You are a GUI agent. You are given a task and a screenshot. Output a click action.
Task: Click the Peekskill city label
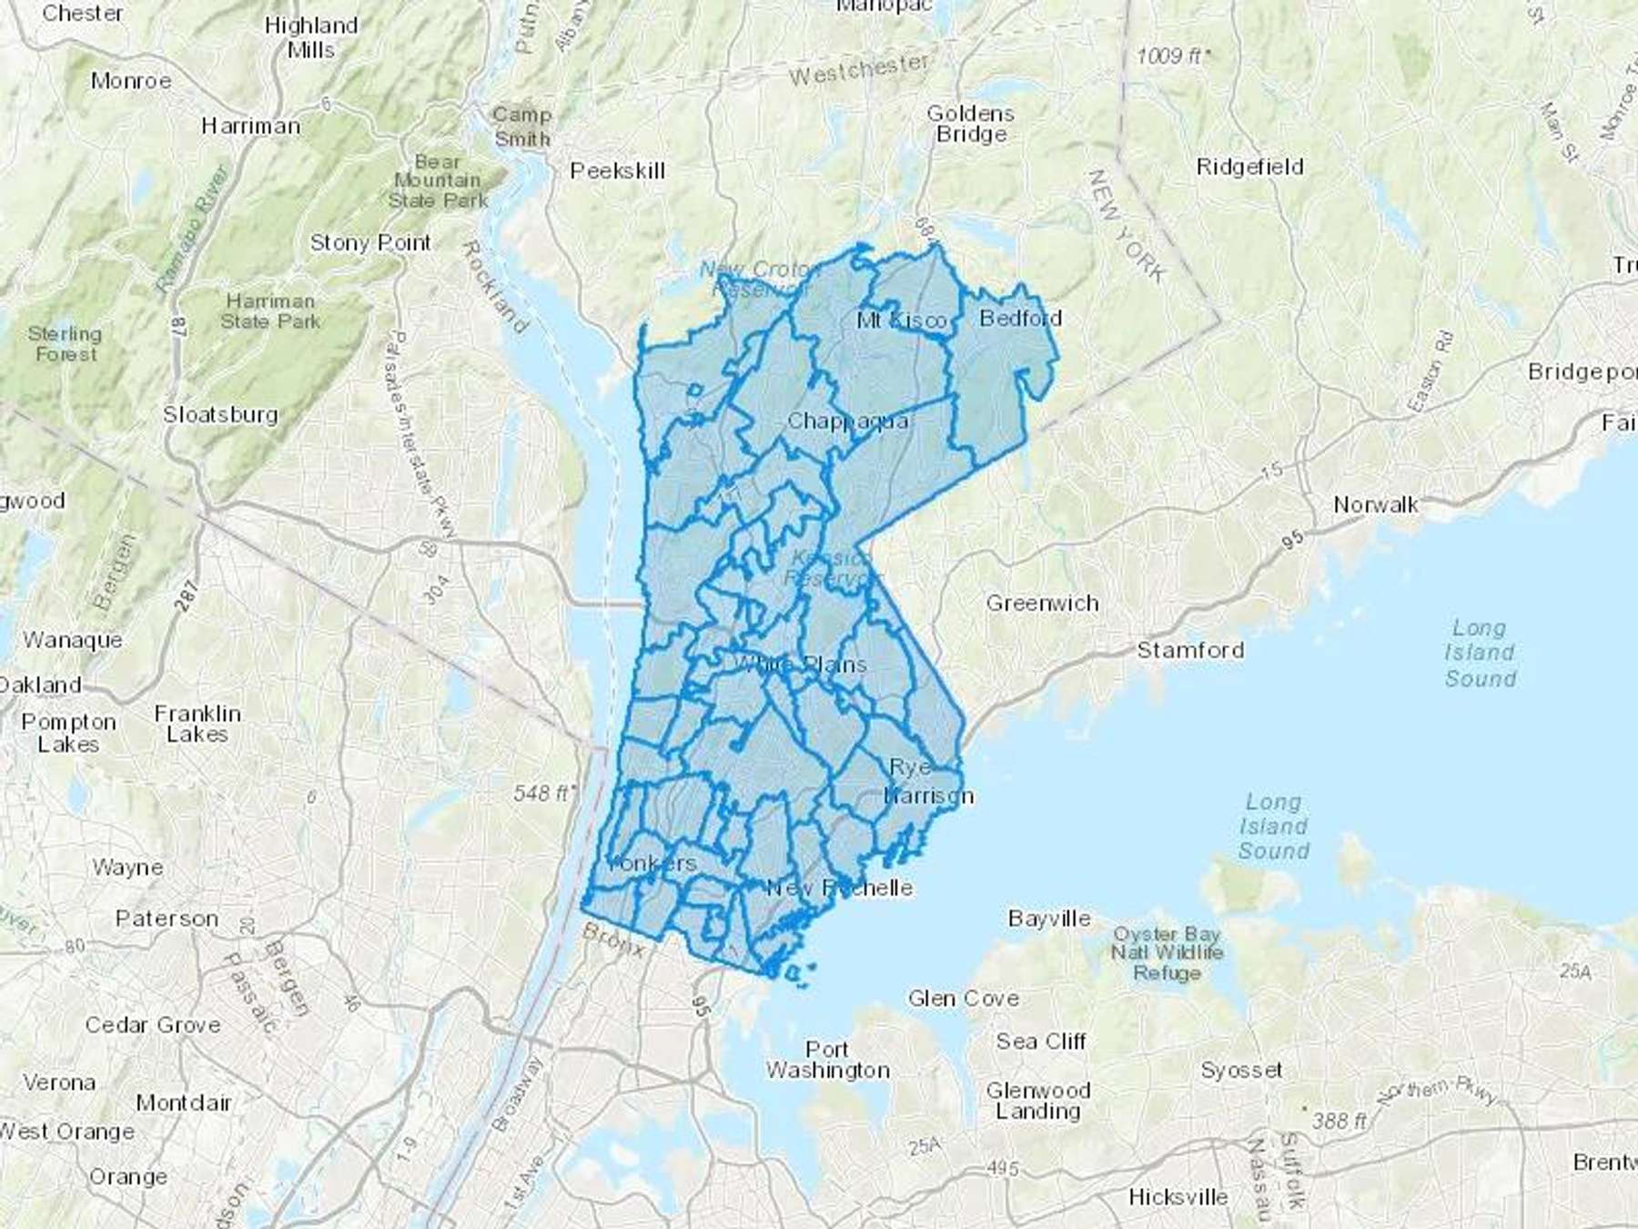618,170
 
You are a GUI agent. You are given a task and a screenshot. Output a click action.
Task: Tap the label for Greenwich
1042,603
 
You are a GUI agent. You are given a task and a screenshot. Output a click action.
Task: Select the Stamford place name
1189,650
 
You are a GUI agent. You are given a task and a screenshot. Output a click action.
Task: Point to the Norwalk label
1375,504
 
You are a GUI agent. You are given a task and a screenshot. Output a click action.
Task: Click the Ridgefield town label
1249,167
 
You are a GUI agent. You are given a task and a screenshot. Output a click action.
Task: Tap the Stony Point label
370,243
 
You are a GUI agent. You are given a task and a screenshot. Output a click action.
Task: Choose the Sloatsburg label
220,414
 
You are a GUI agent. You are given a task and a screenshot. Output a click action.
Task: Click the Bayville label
1048,918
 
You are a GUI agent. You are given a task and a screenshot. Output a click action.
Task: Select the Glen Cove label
963,999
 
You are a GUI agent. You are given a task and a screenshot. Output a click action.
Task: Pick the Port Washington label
827,1060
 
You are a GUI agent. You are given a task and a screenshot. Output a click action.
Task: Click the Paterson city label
167,919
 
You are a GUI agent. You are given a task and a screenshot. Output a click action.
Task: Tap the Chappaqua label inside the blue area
847,421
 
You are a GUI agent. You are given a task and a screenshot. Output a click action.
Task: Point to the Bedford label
1020,318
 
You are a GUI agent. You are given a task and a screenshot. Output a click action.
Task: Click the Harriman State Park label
270,310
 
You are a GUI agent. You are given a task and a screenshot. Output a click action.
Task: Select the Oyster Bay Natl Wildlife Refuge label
1167,953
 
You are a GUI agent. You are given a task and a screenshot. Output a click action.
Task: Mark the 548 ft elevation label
542,793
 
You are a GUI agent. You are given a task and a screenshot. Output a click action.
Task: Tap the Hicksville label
1178,1196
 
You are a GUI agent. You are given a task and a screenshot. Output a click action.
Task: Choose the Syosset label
1241,1071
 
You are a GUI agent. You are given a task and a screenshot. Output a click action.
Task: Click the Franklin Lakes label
197,724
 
